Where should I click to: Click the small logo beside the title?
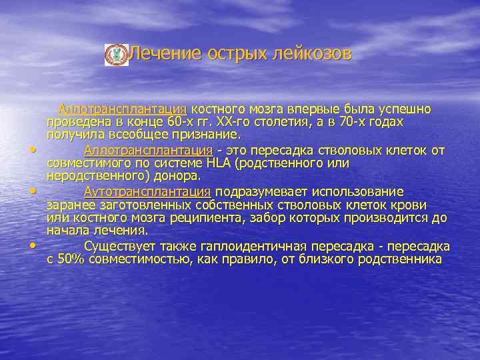(x=117, y=55)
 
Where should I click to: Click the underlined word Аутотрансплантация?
(x=148, y=192)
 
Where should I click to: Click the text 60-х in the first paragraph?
(x=182, y=123)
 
